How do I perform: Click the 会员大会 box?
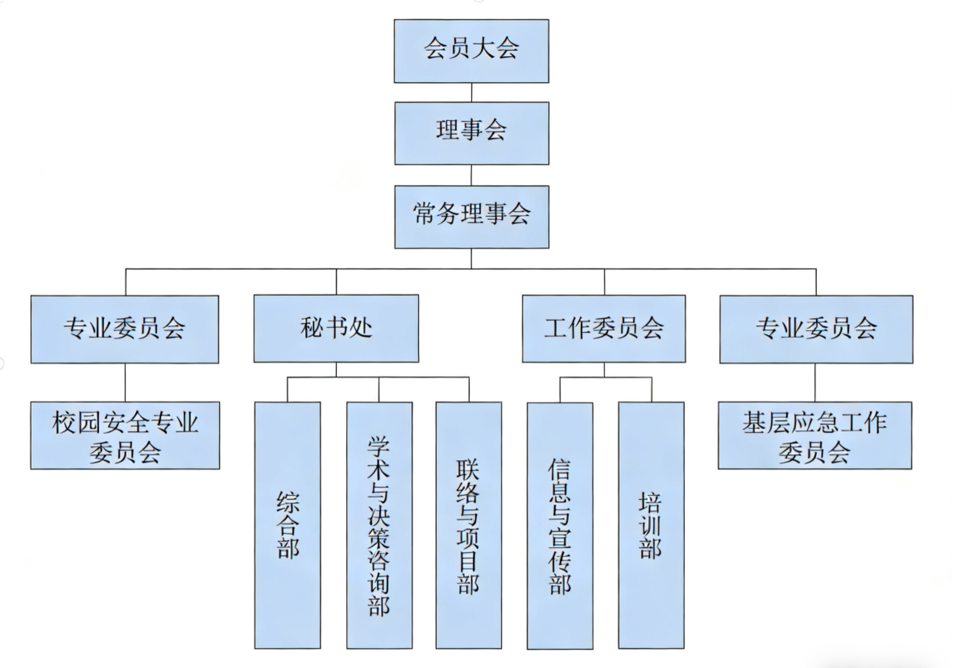click(x=471, y=51)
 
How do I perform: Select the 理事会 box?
click(x=472, y=133)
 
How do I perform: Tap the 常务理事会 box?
click(x=472, y=217)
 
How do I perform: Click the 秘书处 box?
click(x=336, y=329)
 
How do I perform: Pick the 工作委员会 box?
click(x=603, y=329)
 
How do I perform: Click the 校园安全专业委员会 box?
click(x=125, y=435)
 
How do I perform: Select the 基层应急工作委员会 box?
click(x=815, y=435)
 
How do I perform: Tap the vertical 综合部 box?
click(x=288, y=525)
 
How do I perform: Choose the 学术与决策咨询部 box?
click(x=379, y=525)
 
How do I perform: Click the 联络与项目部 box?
click(x=469, y=525)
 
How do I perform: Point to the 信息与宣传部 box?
click(x=560, y=525)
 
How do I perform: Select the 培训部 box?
click(x=651, y=525)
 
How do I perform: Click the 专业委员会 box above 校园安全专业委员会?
click(x=125, y=329)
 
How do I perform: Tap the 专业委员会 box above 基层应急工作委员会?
click(x=816, y=329)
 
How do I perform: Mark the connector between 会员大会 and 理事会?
click(x=472, y=92)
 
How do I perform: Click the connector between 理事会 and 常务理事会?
click(x=471, y=175)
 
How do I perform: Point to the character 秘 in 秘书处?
click(x=312, y=328)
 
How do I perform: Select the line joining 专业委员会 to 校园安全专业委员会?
click(x=125, y=382)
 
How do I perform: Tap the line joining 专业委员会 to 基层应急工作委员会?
click(x=815, y=382)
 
